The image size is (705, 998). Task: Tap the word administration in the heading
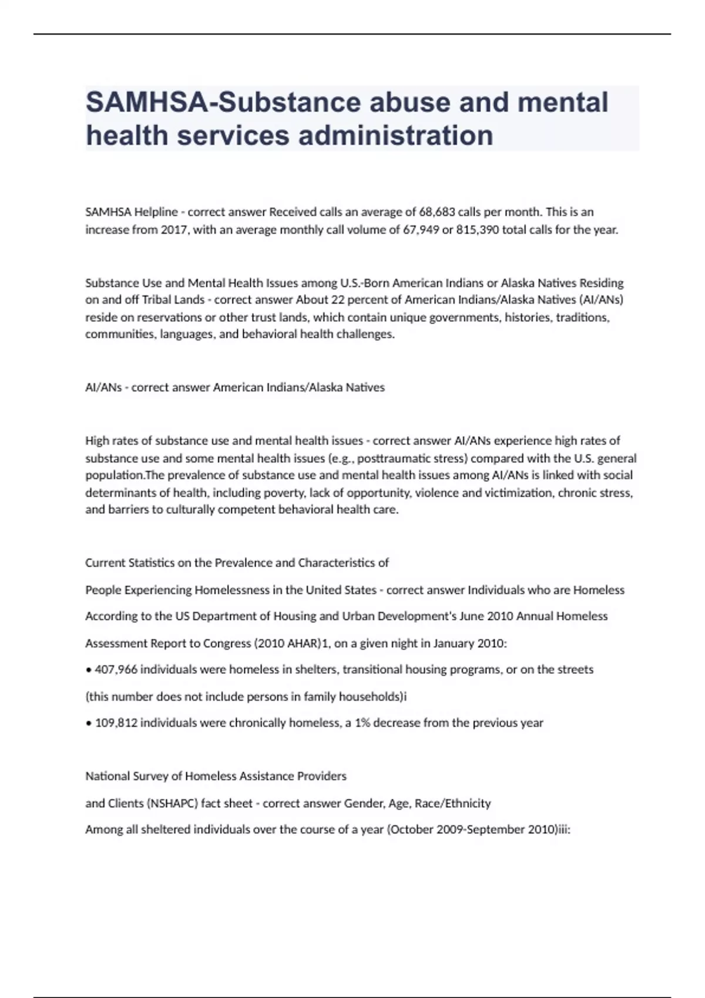(396, 135)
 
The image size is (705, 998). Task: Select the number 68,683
(437, 211)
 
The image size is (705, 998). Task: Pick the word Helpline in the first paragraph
(156, 211)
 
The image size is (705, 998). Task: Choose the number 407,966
(116, 669)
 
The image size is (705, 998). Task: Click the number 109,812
(116, 723)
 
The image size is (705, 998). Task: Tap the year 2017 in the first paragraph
(173, 230)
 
